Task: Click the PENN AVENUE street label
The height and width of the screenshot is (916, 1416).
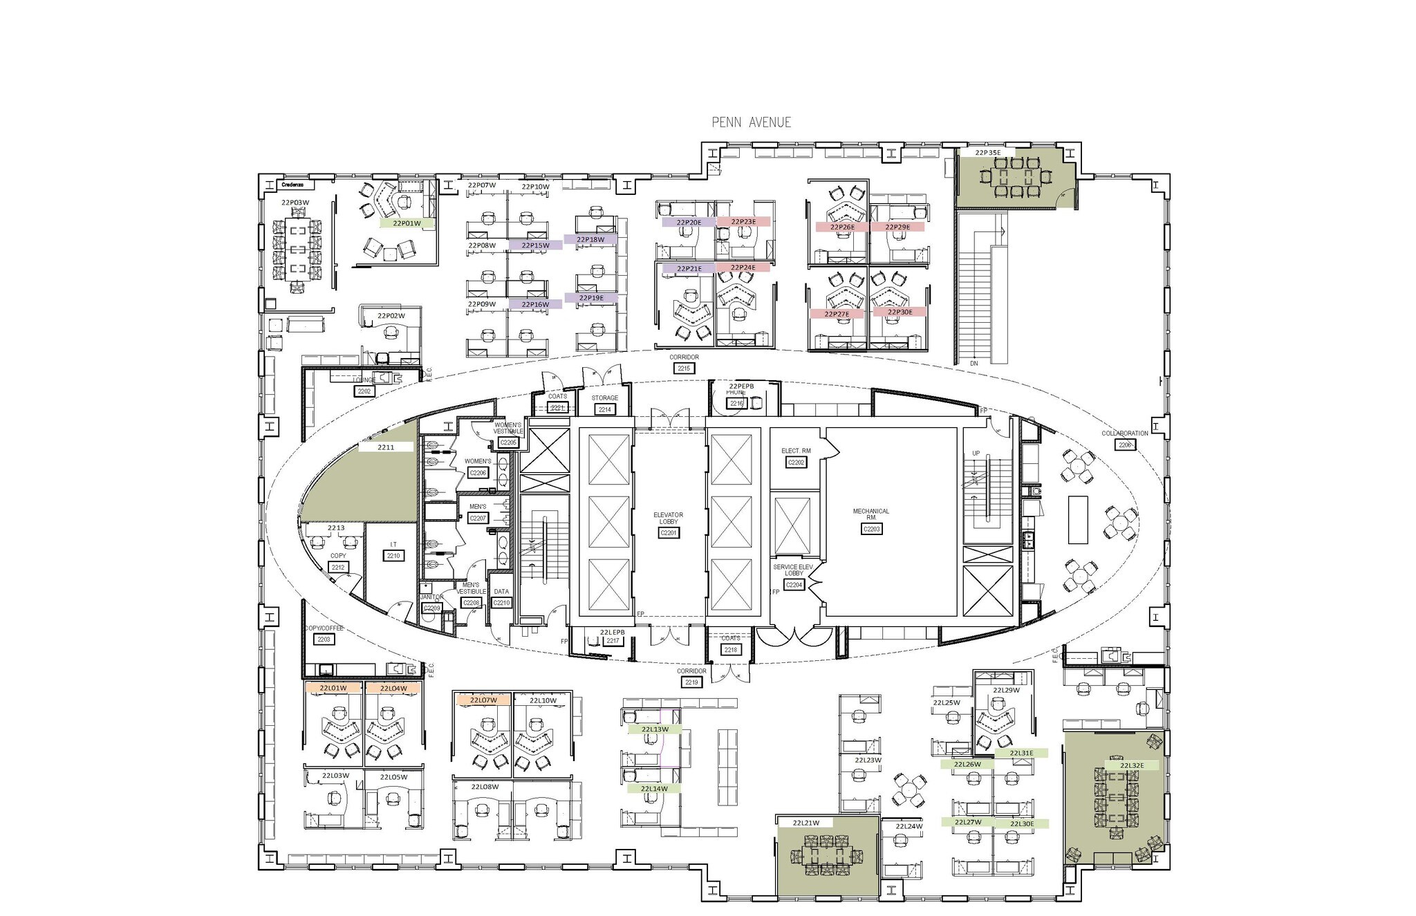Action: coord(751,122)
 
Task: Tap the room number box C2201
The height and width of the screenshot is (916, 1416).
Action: coord(668,533)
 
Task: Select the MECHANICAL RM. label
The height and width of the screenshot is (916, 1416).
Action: coord(870,514)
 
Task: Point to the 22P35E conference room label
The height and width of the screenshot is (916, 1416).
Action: coord(987,152)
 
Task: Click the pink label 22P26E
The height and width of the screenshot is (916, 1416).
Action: coord(842,227)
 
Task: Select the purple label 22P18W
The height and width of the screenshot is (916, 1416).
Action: coord(590,240)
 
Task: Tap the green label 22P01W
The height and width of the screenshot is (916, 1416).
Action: coord(407,223)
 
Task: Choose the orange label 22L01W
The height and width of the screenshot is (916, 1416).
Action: coord(333,689)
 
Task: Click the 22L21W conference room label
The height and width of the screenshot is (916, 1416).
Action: coord(805,823)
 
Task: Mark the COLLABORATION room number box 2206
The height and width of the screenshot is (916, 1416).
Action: coord(1125,445)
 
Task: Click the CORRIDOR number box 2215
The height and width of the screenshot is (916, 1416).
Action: coord(684,368)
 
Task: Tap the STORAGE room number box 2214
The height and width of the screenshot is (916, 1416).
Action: coord(604,410)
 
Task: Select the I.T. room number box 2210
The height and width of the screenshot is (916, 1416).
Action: coord(393,556)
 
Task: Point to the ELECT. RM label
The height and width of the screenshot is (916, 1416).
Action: coord(796,451)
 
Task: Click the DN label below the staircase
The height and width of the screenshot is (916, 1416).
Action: coord(973,363)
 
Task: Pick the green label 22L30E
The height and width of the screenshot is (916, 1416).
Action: coord(1022,823)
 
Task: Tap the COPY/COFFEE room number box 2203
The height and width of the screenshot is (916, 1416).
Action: coord(324,639)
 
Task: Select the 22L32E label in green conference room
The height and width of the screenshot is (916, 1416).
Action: coord(1132,765)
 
